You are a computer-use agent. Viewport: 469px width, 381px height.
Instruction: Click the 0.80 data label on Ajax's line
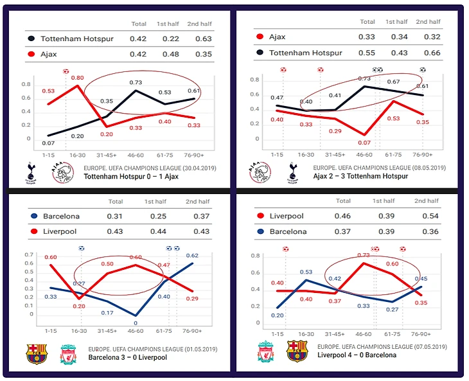(x=78, y=78)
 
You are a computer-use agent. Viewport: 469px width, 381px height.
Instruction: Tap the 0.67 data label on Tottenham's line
(x=393, y=82)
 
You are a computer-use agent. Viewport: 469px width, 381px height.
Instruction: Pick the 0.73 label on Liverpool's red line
(x=364, y=255)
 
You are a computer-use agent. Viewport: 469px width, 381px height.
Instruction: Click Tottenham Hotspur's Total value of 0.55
(x=366, y=53)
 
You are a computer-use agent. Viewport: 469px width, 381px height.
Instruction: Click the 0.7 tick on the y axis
(x=27, y=255)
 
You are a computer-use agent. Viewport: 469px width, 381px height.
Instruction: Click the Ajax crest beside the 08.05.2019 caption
(x=260, y=173)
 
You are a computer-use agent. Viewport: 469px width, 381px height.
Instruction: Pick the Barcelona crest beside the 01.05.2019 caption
(x=36, y=354)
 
